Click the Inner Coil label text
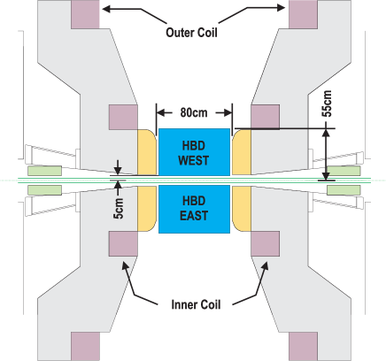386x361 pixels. point(194,304)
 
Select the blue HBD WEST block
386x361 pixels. point(194,153)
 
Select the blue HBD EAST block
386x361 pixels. point(194,209)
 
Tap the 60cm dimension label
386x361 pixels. point(194,112)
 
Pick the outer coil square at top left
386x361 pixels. point(87,13)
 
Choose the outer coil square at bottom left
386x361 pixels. point(87,346)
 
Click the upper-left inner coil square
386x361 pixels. point(120,117)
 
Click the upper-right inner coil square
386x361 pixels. point(266,117)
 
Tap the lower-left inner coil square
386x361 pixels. point(120,243)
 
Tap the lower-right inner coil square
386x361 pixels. point(266,243)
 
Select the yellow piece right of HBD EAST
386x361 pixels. point(241,209)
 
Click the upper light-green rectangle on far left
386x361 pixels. point(44,171)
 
